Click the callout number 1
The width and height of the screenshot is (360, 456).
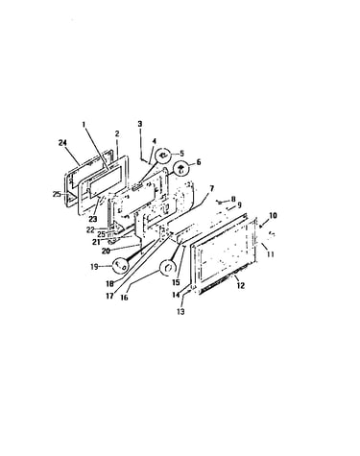84,124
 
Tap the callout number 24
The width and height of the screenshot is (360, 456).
62,143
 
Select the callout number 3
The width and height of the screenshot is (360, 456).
140,124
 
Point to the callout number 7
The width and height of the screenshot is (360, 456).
211,188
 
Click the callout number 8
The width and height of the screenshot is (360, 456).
233,199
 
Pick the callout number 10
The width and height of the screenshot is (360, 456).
273,215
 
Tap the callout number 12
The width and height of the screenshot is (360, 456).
240,285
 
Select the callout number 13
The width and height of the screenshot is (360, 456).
180,311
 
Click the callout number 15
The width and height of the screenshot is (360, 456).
176,282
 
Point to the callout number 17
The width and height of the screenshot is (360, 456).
109,296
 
